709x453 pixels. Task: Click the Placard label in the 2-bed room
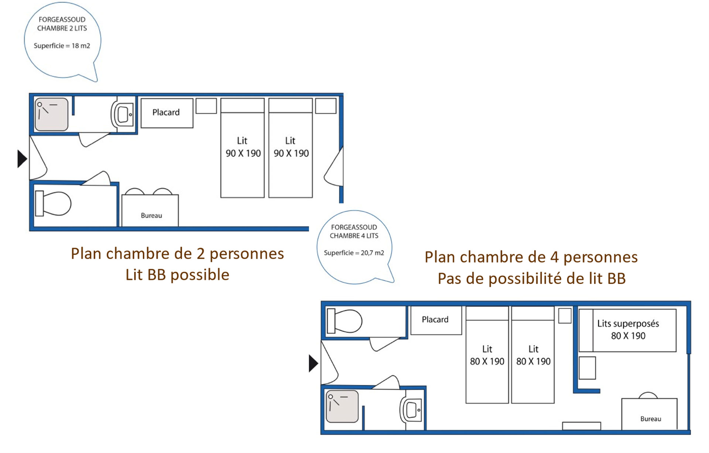pos(166,112)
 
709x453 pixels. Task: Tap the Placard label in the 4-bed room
pos(435,320)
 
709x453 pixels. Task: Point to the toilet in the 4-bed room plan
pos(345,321)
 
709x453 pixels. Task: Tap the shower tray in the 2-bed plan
pos(52,114)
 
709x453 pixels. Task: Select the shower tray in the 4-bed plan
pos(342,406)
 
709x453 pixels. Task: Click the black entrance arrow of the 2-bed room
pos(22,159)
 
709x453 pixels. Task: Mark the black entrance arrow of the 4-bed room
pos(313,363)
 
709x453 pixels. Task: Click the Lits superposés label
pos(628,324)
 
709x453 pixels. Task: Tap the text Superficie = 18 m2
pos(62,46)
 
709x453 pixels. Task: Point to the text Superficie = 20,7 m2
pos(354,253)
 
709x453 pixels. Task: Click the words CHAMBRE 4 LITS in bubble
pos(354,236)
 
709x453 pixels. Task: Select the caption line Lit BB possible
pos(177,275)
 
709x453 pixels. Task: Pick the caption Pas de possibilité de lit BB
pos(531,278)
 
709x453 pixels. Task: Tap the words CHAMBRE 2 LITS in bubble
pos(62,28)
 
